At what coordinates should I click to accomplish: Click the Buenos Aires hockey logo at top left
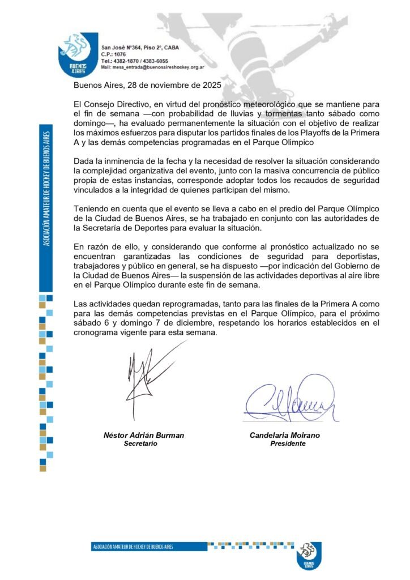(78, 54)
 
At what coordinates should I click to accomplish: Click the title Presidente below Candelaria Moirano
(288, 443)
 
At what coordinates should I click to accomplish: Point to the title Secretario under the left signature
(140, 443)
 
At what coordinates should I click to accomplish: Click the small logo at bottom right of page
(309, 557)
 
